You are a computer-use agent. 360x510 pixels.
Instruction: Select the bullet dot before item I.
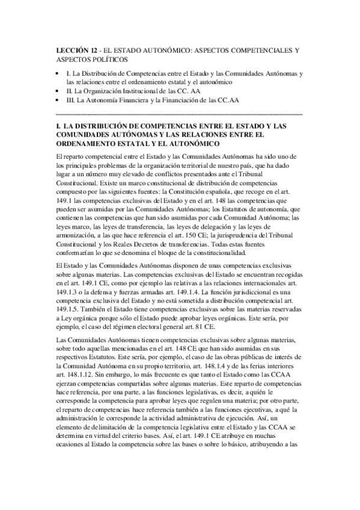tap(56, 73)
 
